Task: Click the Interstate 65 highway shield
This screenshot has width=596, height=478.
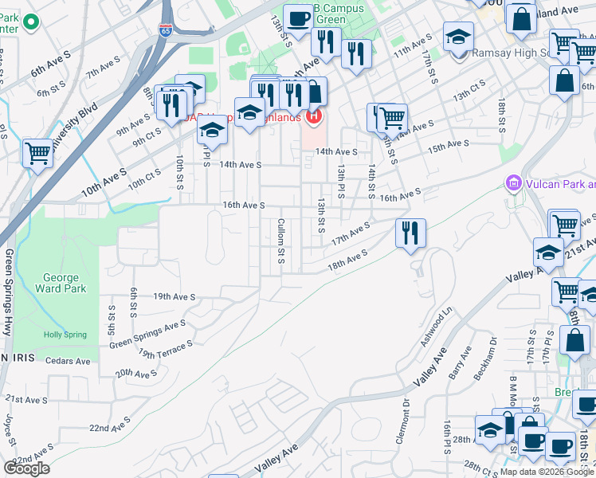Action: click(165, 31)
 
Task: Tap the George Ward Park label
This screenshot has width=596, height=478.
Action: click(61, 284)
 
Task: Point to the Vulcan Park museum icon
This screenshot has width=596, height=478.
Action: click(513, 185)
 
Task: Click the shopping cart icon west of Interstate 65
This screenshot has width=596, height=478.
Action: click(37, 152)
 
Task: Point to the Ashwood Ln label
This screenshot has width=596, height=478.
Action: click(436, 327)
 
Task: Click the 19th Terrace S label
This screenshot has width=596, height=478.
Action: click(166, 349)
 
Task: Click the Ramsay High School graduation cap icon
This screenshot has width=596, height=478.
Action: click(459, 37)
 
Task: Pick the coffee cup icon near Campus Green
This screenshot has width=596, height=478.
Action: click(298, 18)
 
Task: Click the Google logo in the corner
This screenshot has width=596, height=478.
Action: click(26, 468)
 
